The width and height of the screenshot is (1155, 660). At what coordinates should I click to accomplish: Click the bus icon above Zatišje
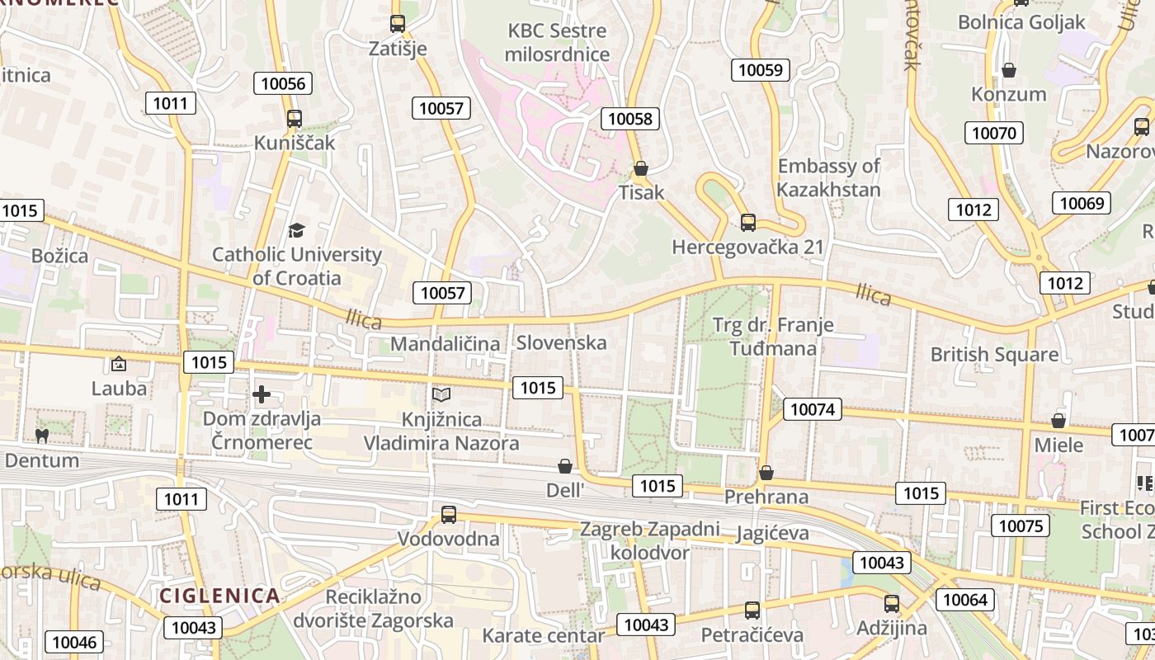tap(398, 24)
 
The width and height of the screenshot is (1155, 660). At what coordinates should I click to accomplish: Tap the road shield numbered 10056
tap(283, 83)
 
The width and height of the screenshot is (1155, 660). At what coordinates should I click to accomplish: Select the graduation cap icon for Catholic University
tap(296, 230)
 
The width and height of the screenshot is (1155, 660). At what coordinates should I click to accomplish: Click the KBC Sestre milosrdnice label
tap(557, 43)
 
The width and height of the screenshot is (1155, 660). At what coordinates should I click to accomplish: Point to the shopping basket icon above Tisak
tap(641, 169)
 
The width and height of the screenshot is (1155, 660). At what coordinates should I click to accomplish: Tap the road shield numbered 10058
tap(630, 119)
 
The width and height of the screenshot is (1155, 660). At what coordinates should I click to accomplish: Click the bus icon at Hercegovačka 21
tap(748, 222)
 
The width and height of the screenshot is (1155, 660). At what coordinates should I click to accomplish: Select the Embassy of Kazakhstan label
tap(829, 177)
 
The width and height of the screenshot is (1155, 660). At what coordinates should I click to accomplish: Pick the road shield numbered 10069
tap(1082, 203)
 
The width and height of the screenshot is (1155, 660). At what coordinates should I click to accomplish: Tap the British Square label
tap(994, 355)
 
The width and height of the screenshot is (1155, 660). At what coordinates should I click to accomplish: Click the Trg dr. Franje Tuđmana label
tap(773, 337)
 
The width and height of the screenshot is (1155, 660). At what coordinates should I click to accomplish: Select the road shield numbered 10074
tap(813, 408)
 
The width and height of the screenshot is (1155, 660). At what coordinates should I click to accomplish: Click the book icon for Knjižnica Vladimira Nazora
tap(441, 395)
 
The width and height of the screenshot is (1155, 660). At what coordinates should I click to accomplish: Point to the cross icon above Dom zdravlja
tap(262, 394)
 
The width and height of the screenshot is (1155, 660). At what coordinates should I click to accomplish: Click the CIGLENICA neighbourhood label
tap(219, 596)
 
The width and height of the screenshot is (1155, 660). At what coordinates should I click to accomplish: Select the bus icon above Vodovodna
tap(449, 514)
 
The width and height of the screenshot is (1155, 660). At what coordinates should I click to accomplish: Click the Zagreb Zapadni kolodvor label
tap(650, 540)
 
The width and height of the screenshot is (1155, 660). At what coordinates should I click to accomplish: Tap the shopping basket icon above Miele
tap(1058, 421)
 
